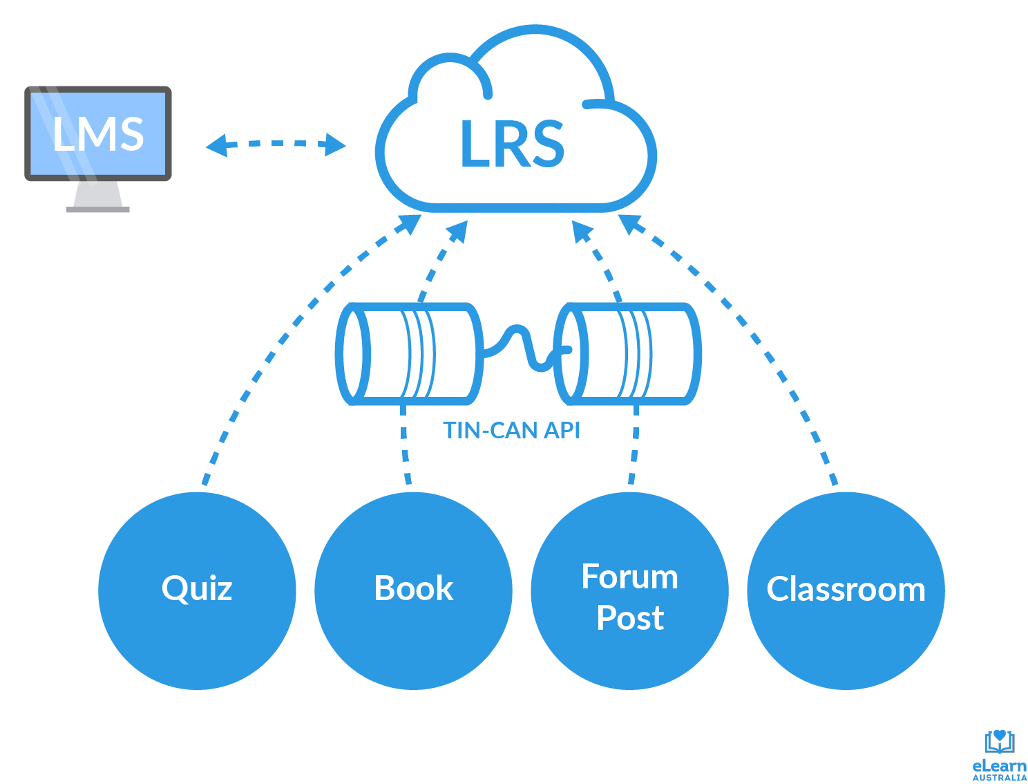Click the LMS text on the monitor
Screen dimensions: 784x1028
click(x=98, y=133)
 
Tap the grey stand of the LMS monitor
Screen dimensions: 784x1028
click(x=98, y=196)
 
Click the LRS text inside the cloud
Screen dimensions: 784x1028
click(x=512, y=144)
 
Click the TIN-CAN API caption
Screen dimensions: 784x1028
click(x=511, y=431)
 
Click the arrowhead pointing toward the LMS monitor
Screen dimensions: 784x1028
click(x=216, y=145)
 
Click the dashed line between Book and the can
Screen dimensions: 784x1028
click(x=405, y=446)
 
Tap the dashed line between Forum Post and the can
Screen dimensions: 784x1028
click(x=634, y=446)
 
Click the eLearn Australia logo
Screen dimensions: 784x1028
click(x=999, y=755)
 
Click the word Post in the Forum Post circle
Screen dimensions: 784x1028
click(x=630, y=618)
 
